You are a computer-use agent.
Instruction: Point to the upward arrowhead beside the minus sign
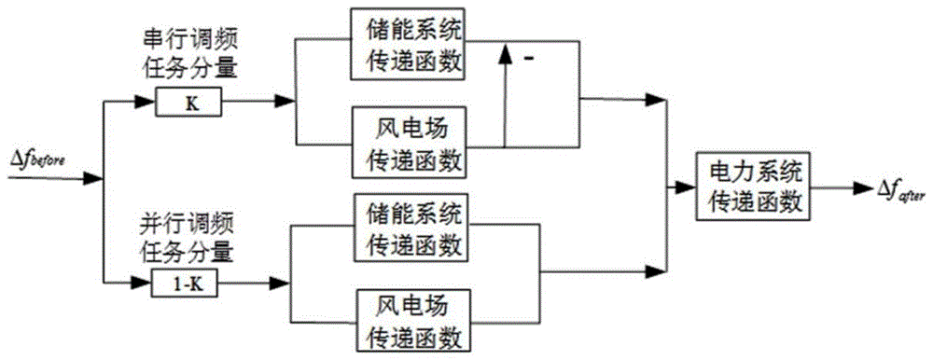[505, 54]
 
